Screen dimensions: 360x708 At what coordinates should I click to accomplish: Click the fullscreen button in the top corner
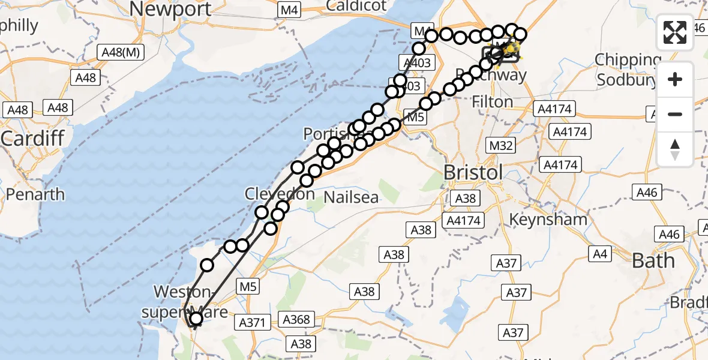pos(675,32)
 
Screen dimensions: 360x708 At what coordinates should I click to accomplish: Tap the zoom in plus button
pos(675,80)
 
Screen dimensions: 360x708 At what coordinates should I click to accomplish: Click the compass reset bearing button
pos(675,149)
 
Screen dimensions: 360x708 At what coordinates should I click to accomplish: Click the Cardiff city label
pos(32,138)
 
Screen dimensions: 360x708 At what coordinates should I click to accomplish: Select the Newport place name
pos(170,9)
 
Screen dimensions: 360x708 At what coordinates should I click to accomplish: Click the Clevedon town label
pos(280,194)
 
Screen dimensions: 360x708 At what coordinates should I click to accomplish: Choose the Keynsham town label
pos(548,219)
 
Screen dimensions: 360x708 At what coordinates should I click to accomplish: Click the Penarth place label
pos(35,194)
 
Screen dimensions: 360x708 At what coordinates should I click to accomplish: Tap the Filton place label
pos(493,102)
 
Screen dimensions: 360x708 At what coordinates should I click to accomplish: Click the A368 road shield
pos(296,319)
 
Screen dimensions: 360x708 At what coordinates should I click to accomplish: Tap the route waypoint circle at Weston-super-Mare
pos(196,319)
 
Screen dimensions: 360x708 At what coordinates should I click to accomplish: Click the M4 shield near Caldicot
pos(289,10)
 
